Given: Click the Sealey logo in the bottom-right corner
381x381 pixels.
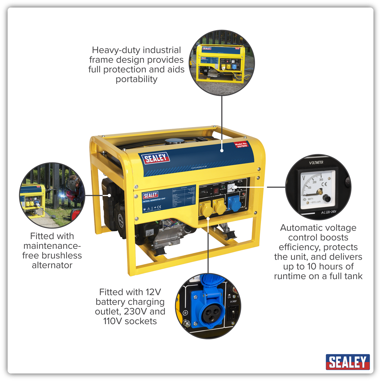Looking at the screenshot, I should coord(347,362).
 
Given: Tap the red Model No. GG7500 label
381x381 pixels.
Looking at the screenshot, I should coord(241,145).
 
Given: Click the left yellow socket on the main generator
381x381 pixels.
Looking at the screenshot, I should coord(205,209).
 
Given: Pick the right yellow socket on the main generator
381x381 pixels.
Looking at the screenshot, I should coord(219,208).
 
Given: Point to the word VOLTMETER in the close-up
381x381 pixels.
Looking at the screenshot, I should coord(316,163).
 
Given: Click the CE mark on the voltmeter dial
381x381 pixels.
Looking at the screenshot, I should coord(324,184).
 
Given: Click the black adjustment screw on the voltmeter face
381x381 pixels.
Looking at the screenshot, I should coord(326,199).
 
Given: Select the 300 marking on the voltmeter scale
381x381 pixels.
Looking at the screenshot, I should coord(321,179).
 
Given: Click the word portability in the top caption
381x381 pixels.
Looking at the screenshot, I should coord(136,79).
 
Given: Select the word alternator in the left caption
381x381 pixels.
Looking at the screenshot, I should coord(52,265).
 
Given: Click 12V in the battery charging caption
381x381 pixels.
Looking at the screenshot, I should coord(153,292).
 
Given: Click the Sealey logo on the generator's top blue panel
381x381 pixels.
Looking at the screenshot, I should coord(155,158).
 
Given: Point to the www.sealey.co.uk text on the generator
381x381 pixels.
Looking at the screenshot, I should coord(199,167).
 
